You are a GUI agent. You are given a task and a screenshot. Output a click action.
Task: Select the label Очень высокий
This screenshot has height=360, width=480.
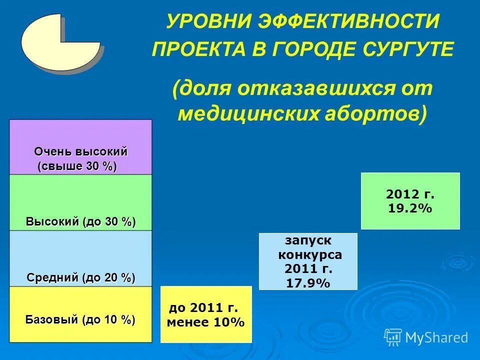coord(80,151)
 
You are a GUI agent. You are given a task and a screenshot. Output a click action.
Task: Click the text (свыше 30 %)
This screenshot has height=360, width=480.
coord(77,166)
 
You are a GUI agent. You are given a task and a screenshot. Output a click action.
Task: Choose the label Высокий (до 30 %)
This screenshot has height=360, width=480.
coord(80,221)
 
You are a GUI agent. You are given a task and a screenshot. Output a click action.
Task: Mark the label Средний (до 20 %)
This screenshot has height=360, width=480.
coord(80,277)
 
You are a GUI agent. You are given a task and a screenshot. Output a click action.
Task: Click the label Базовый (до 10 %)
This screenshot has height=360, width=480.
coord(80,319)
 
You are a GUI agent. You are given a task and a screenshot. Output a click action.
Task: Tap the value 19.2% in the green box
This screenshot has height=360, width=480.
coord(409,207)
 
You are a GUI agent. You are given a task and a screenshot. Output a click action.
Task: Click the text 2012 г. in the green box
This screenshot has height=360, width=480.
coord(410,194)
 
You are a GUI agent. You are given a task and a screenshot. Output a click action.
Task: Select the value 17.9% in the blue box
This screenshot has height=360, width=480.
coord(308,283)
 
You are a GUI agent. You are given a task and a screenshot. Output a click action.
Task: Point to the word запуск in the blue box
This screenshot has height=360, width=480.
coord(308,240)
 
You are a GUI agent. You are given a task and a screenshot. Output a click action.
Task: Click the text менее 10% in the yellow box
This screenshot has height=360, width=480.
coord(205,322)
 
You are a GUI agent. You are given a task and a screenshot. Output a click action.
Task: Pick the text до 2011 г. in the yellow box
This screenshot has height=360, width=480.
coord(203,308)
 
